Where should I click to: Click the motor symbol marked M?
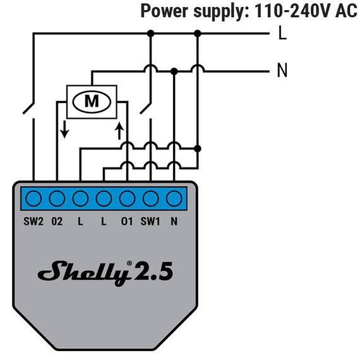pos(92,100)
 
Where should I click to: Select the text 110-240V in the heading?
pos(288,11)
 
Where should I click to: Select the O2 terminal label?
pos(57,220)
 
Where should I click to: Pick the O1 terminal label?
pos(127,220)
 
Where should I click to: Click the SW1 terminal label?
pos(150,220)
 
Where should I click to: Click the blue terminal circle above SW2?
pos(33,198)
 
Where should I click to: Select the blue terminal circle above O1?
pos(127,198)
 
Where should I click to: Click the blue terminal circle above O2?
pos(57,198)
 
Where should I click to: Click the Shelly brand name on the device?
pos(85,272)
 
